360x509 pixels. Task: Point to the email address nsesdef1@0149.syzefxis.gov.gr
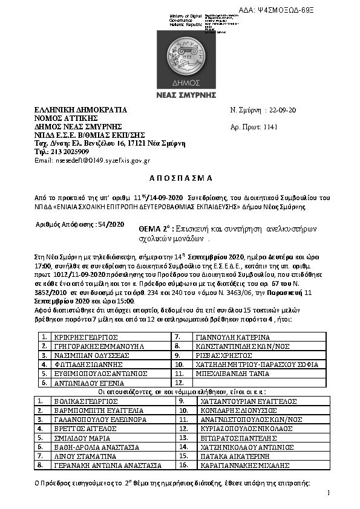coord(93,160)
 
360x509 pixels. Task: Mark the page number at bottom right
coord(328,493)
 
